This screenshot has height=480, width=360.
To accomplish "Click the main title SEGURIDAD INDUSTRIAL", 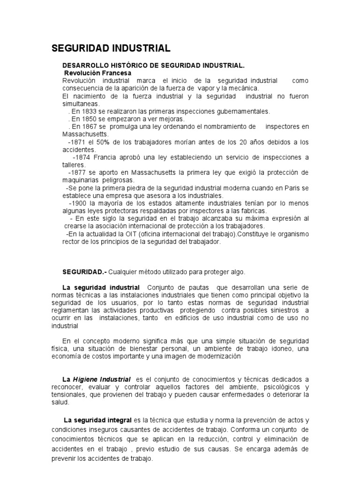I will point(111,48).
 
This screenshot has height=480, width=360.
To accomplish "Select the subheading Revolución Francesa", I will point(97,73).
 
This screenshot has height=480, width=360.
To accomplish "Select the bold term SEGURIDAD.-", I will point(85,272).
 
